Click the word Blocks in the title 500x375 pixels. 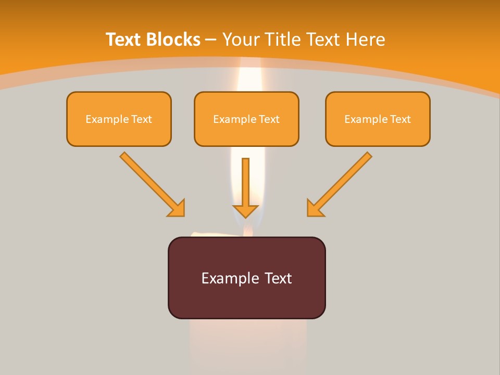173,40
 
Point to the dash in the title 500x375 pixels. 211,40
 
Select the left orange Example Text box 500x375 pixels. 119,119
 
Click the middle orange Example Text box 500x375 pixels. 246,119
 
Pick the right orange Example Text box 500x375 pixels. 378,119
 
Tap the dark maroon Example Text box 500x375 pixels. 246,278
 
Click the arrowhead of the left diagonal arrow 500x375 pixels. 178,209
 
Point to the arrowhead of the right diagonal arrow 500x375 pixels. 314,209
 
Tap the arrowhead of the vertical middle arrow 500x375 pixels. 246,210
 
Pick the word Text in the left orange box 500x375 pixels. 142,119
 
